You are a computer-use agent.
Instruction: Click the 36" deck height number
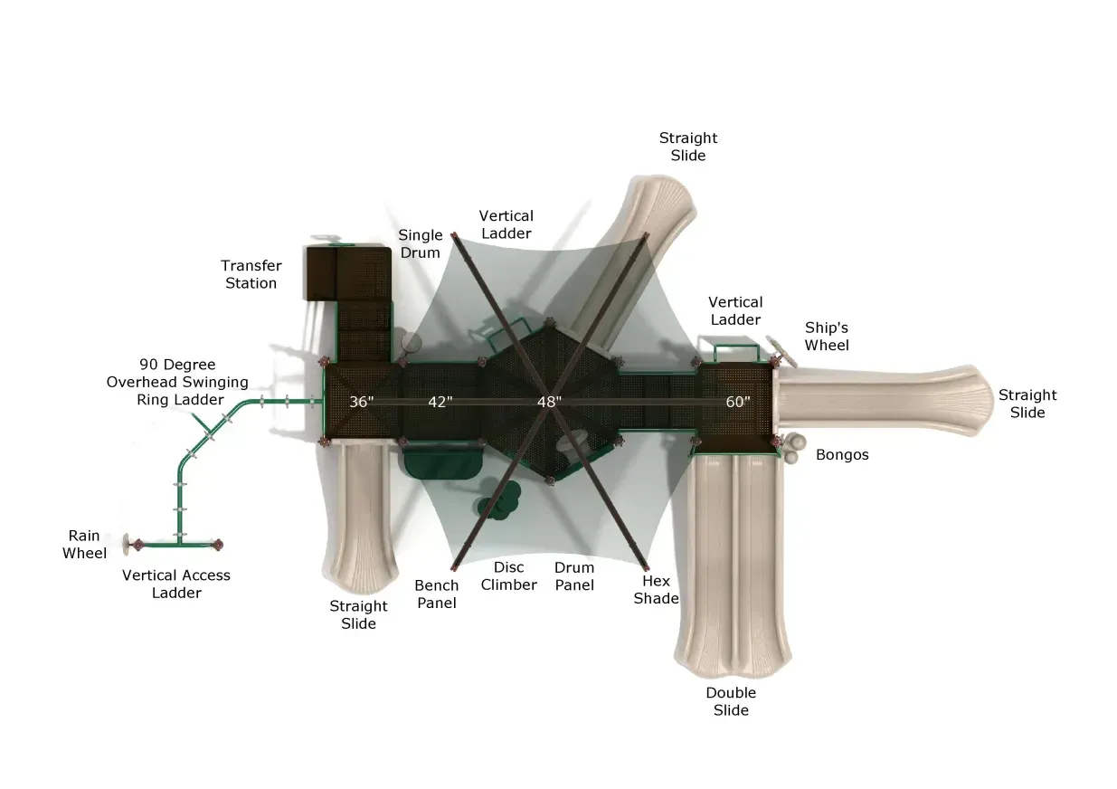pyautogui.click(x=361, y=402)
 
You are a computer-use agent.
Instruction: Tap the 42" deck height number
pyautogui.click(x=440, y=402)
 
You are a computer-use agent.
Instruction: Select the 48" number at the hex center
pyautogui.click(x=549, y=402)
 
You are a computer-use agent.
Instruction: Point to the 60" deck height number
pyautogui.click(x=737, y=402)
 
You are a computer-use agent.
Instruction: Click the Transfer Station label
pyautogui.click(x=251, y=274)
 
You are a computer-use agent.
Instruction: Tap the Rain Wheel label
pyautogui.click(x=84, y=544)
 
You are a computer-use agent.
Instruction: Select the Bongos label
pyautogui.click(x=842, y=455)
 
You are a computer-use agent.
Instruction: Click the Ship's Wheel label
pyautogui.click(x=827, y=337)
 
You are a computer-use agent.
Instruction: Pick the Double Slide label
pyautogui.click(x=731, y=701)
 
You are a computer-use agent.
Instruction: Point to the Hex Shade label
pyautogui.click(x=656, y=590)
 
